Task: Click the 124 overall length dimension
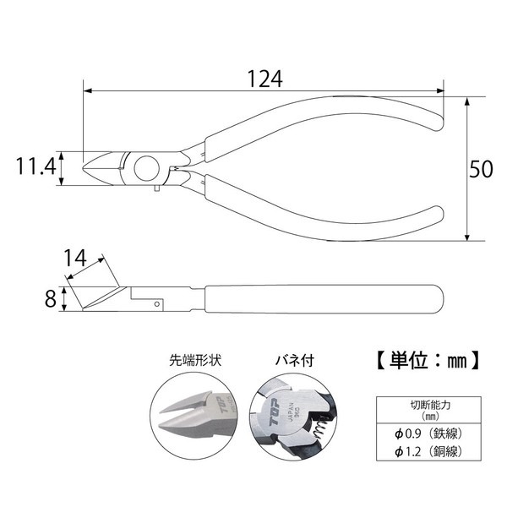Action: tap(264, 79)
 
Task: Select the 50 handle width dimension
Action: tap(481, 169)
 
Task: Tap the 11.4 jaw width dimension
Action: tap(36, 166)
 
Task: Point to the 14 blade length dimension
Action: tap(75, 258)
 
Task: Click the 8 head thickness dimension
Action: tap(51, 299)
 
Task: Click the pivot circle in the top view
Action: tap(147, 168)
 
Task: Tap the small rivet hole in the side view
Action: tap(157, 304)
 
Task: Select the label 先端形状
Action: tap(195, 360)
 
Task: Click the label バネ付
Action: tap(295, 360)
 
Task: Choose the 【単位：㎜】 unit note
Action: tap(427, 360)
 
